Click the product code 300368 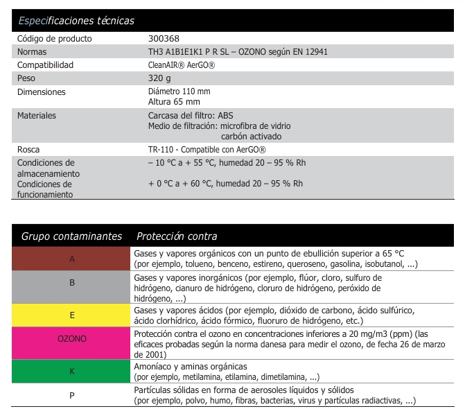pyautogui.click(x=164, y=39)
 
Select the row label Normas pyautogui.click(x=32, y=52)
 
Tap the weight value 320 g pyautogui.click(x=161, y=78)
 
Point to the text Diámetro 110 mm pyautogui.click(x=179, y=92)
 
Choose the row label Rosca pyautogui.click(x=29, y=150)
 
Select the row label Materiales pyautogui.click(x=37, y=116)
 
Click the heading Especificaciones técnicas pyautogui.click(x=76, y=21)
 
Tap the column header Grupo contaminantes pyautogui.click(x=71, y=236)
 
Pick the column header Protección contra pyautogui.click(x=177, y=236)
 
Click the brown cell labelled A pyautogui.click(x=72, y=259)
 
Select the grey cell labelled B pyautogui.click(x=72, y=283)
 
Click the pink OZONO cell pyautogui.click(x=72, y=339)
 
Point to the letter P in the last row pyautogui.click(x=72, y=395)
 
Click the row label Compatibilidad pyautogui.click(x=45, y=65)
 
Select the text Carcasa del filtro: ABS pyautogui.click(x=191, y=116)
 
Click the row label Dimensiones pyautogui.click(x=41, y=92)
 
